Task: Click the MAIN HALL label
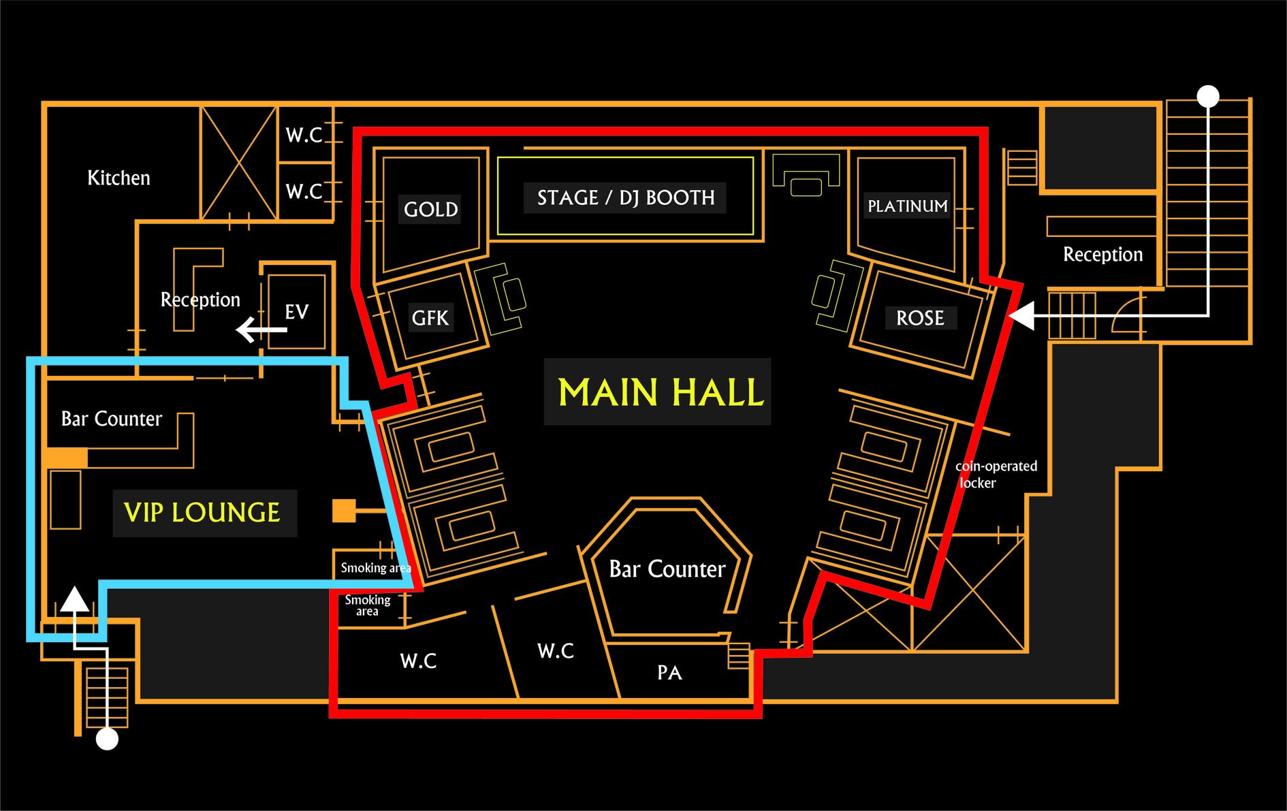click(661, 392)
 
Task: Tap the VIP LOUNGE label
click(202, 513)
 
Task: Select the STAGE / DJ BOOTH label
click(626, 197)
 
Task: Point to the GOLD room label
click(430, 209)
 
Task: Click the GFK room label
click(430, 318)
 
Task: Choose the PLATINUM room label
click(907, 206)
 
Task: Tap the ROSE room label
click(920, 318)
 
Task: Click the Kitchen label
click(118, 178)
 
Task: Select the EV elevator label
click(296, 312)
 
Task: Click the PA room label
click(669, 673)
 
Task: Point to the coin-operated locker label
click(996, 474)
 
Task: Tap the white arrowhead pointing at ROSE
click(1021, 316)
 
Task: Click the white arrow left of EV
click(261, 330)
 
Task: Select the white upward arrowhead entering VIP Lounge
click(75, 599)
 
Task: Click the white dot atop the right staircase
click(1208, 96)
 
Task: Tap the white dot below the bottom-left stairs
click(107, 739)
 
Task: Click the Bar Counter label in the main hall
click(667, 569)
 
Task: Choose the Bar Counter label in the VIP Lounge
click(112, 419)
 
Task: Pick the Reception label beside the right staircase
click(1102, 255)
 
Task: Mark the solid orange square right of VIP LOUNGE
click(344, 511)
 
